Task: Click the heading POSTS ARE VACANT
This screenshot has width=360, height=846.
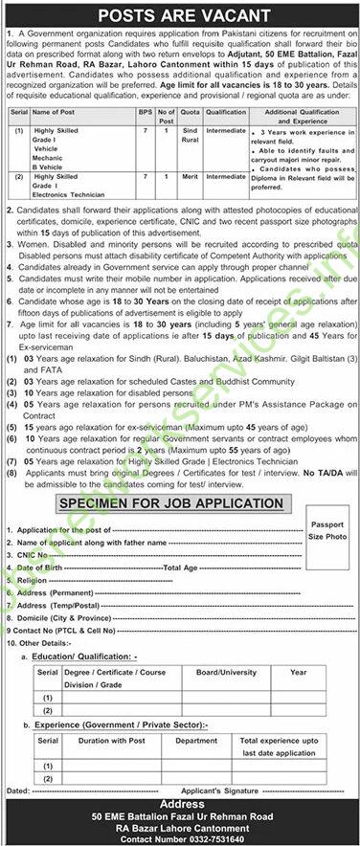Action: coord(181,14)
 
